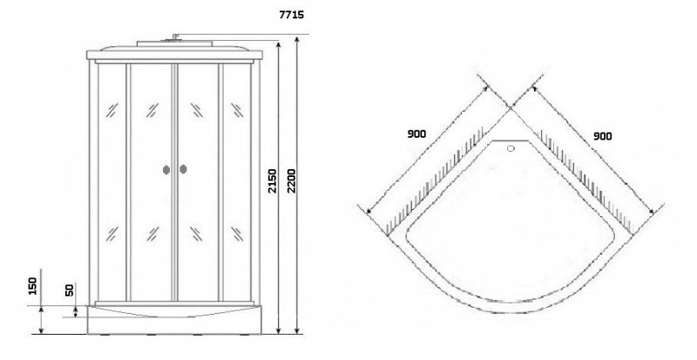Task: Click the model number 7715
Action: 292,15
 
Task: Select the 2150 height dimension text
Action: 272,180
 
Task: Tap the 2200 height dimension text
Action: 291,180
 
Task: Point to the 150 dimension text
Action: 32,286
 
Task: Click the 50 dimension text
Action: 70,290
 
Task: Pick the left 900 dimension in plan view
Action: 416,134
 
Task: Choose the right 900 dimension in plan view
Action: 602,136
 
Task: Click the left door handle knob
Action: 166,170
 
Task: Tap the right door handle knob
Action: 183,169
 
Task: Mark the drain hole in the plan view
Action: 511,149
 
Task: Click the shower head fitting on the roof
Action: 175,37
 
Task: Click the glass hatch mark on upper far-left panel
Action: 112,110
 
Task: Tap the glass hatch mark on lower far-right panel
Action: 237,234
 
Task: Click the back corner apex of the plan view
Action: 511,107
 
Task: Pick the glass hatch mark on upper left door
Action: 152,110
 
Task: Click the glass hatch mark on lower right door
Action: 196,234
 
